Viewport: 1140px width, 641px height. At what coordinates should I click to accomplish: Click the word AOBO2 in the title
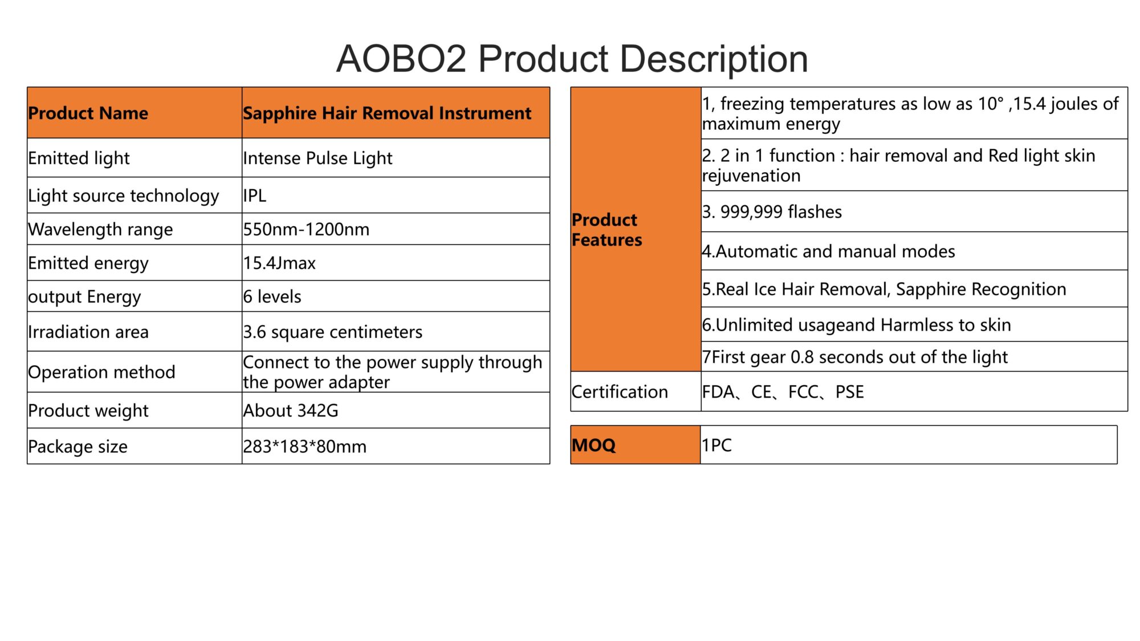[401, 59]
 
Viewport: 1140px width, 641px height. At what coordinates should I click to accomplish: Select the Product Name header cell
[135, 113]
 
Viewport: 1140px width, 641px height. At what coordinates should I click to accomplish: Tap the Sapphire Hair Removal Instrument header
[396, 113]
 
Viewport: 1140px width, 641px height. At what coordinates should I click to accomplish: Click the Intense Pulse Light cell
[396, 158]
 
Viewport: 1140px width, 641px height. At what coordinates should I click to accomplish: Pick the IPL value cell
[396, 195]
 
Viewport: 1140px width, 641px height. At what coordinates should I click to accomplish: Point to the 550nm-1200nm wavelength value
[306, 229]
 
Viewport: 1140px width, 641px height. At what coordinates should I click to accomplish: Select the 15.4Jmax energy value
[279, 263]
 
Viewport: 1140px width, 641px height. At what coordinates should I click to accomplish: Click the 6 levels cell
[396, 296]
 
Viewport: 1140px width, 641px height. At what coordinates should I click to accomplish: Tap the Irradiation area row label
[88, 332]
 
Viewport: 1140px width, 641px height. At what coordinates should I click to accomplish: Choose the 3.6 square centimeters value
[333, 332]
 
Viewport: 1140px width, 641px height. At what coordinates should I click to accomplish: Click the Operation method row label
[101, 372]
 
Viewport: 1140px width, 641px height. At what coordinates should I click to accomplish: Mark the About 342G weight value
[291, 410]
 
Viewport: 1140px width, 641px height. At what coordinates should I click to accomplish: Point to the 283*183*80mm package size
[305, 446]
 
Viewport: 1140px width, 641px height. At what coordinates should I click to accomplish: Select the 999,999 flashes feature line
[772, 212]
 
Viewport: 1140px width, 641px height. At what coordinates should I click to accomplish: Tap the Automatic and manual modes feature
[829, 251]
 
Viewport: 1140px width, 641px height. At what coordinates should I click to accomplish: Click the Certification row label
[620, 391]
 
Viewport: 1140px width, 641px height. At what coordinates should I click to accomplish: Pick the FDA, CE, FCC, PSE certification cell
[914, 391]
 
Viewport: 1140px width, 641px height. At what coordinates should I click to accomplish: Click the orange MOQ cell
[636, 445]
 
